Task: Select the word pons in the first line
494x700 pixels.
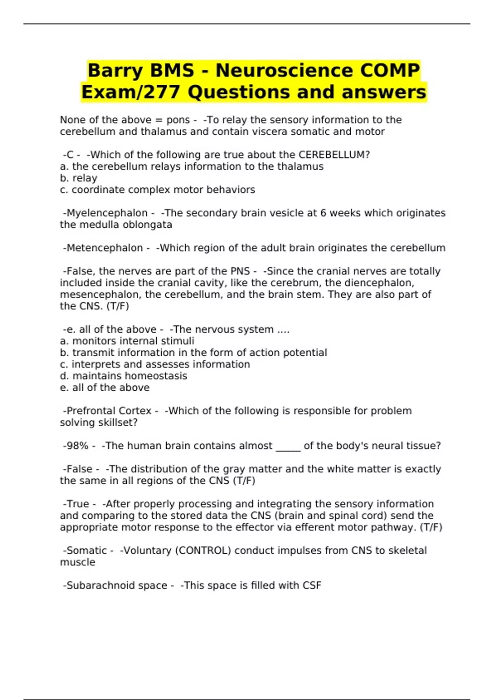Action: click(178, 120)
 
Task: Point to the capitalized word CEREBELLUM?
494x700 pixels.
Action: click(334, 155)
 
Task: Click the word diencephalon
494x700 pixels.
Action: click(379, 283)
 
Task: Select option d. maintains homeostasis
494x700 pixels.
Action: click(123, 376)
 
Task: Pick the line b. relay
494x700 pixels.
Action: click(79, 178)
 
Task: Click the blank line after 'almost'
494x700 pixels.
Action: click(288, 447)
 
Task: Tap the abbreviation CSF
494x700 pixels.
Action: click(312, 586)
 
